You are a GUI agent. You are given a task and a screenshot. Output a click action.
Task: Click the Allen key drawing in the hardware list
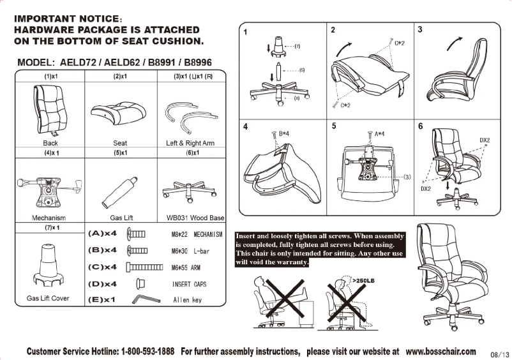[146, 299]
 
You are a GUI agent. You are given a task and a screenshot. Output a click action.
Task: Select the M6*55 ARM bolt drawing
[149, 267]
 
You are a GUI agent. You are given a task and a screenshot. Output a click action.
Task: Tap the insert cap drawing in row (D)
[141, 283]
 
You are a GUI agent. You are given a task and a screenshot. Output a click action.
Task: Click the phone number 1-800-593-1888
[147, 352]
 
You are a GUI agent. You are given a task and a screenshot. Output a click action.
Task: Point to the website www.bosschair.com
[440, 351]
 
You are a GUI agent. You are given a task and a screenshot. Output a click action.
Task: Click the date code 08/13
[499, 354]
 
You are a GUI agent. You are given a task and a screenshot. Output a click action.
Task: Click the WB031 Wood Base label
[195, 218]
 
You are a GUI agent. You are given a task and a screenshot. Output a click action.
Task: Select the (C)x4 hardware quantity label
[102, 267]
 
